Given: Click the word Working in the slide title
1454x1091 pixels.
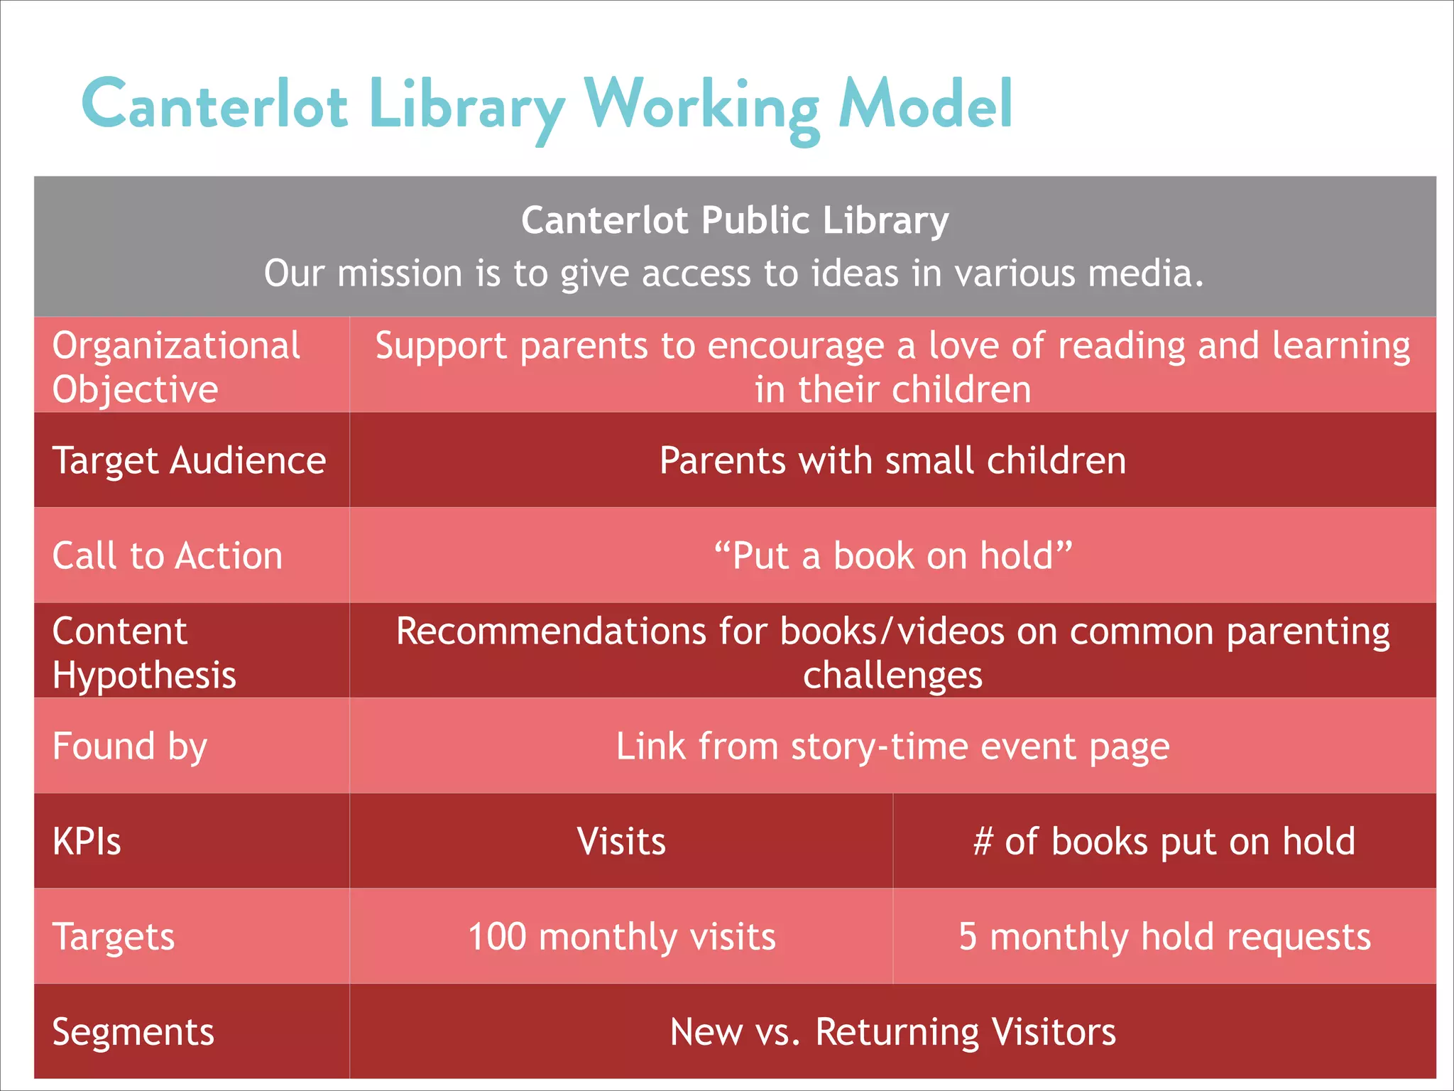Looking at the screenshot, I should [701, 107].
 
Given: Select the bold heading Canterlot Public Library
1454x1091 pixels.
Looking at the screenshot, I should [735, 220].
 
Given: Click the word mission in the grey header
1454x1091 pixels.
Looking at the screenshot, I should [400, 273].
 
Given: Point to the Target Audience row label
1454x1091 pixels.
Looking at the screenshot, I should [189, 460].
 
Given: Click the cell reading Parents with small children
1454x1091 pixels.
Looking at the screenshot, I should [892, 460].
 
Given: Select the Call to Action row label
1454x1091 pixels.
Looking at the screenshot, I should [168, 555].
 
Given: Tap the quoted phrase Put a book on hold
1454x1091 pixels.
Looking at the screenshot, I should [892, 555].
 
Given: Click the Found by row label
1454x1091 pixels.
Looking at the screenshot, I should [130, 747].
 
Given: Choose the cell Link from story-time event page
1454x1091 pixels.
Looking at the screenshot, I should [892, 747].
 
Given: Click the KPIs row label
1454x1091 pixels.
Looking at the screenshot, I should [87, 842].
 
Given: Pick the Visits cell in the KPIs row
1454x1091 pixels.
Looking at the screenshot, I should [621, 842].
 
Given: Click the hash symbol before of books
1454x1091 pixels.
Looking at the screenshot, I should [983, 842].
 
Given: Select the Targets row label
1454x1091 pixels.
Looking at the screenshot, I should [114, 937].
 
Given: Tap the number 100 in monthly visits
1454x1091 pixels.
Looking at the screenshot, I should [496, 937].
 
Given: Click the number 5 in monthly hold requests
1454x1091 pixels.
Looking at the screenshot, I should [968, 937].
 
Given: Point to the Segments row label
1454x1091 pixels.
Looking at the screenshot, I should [133, 1032].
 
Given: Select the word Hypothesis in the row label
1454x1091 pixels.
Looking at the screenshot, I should [144, 675].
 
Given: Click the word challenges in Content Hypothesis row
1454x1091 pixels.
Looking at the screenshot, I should [892, 675].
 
